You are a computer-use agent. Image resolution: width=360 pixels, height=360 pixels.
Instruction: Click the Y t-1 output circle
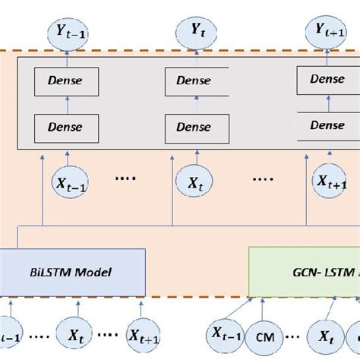click(x=65, y=32)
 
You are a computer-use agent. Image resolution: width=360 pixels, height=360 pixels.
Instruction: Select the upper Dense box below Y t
click(x=197, y=79)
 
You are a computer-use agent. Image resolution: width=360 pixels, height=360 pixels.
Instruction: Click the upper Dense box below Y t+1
click(x=328, y=79)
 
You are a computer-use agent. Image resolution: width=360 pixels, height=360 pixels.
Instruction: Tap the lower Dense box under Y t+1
click(x=328, y=124)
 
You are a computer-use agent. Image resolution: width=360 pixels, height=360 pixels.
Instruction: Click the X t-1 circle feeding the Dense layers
click(x=65, y=182)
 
